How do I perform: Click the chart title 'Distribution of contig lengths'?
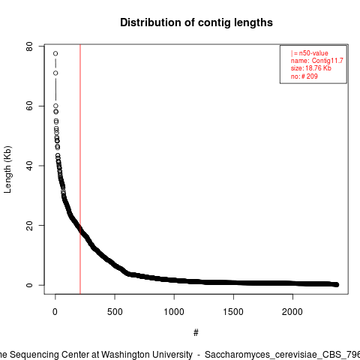click(x=196, y=22)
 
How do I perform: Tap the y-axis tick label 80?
click(x=29, y=46)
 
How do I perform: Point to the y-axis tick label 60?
click(x=29, y=106)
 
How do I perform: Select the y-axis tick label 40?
click(x=29, y=166)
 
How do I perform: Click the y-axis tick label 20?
click(x=29, y=225)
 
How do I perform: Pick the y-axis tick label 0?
click(x=29, y=285)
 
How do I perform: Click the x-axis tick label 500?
click(x=115, y=312)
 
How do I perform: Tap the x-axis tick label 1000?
click(x=174, y=312)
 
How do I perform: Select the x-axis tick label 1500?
click(x=233, y=312)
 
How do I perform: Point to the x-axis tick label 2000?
click(x=292, y=312)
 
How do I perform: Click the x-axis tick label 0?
click(x=55, y=312)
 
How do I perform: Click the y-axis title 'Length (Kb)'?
click(x=7, y=169)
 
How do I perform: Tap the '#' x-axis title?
click(x=196, y=333)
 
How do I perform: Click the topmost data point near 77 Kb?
click(x=55, y=53)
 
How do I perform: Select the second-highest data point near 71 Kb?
click(x=55, y=73)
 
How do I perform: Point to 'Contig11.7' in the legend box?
click(x=328, y=61)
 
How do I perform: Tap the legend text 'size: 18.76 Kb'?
click(x=311, y=68)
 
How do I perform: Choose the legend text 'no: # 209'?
click(x=304, y=76)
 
